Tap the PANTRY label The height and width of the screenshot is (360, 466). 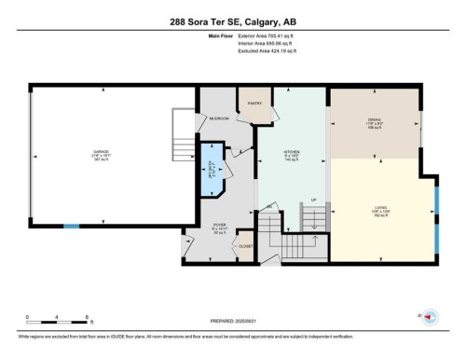(253, 103)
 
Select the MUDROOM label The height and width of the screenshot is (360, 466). (219, 119)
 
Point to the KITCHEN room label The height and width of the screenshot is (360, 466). (290, 154)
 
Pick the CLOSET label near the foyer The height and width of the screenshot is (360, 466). (246, 246)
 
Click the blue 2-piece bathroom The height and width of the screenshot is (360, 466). (213, 169)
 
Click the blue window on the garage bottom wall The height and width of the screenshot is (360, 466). (71, 227)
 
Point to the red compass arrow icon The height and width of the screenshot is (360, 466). (430, 317)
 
